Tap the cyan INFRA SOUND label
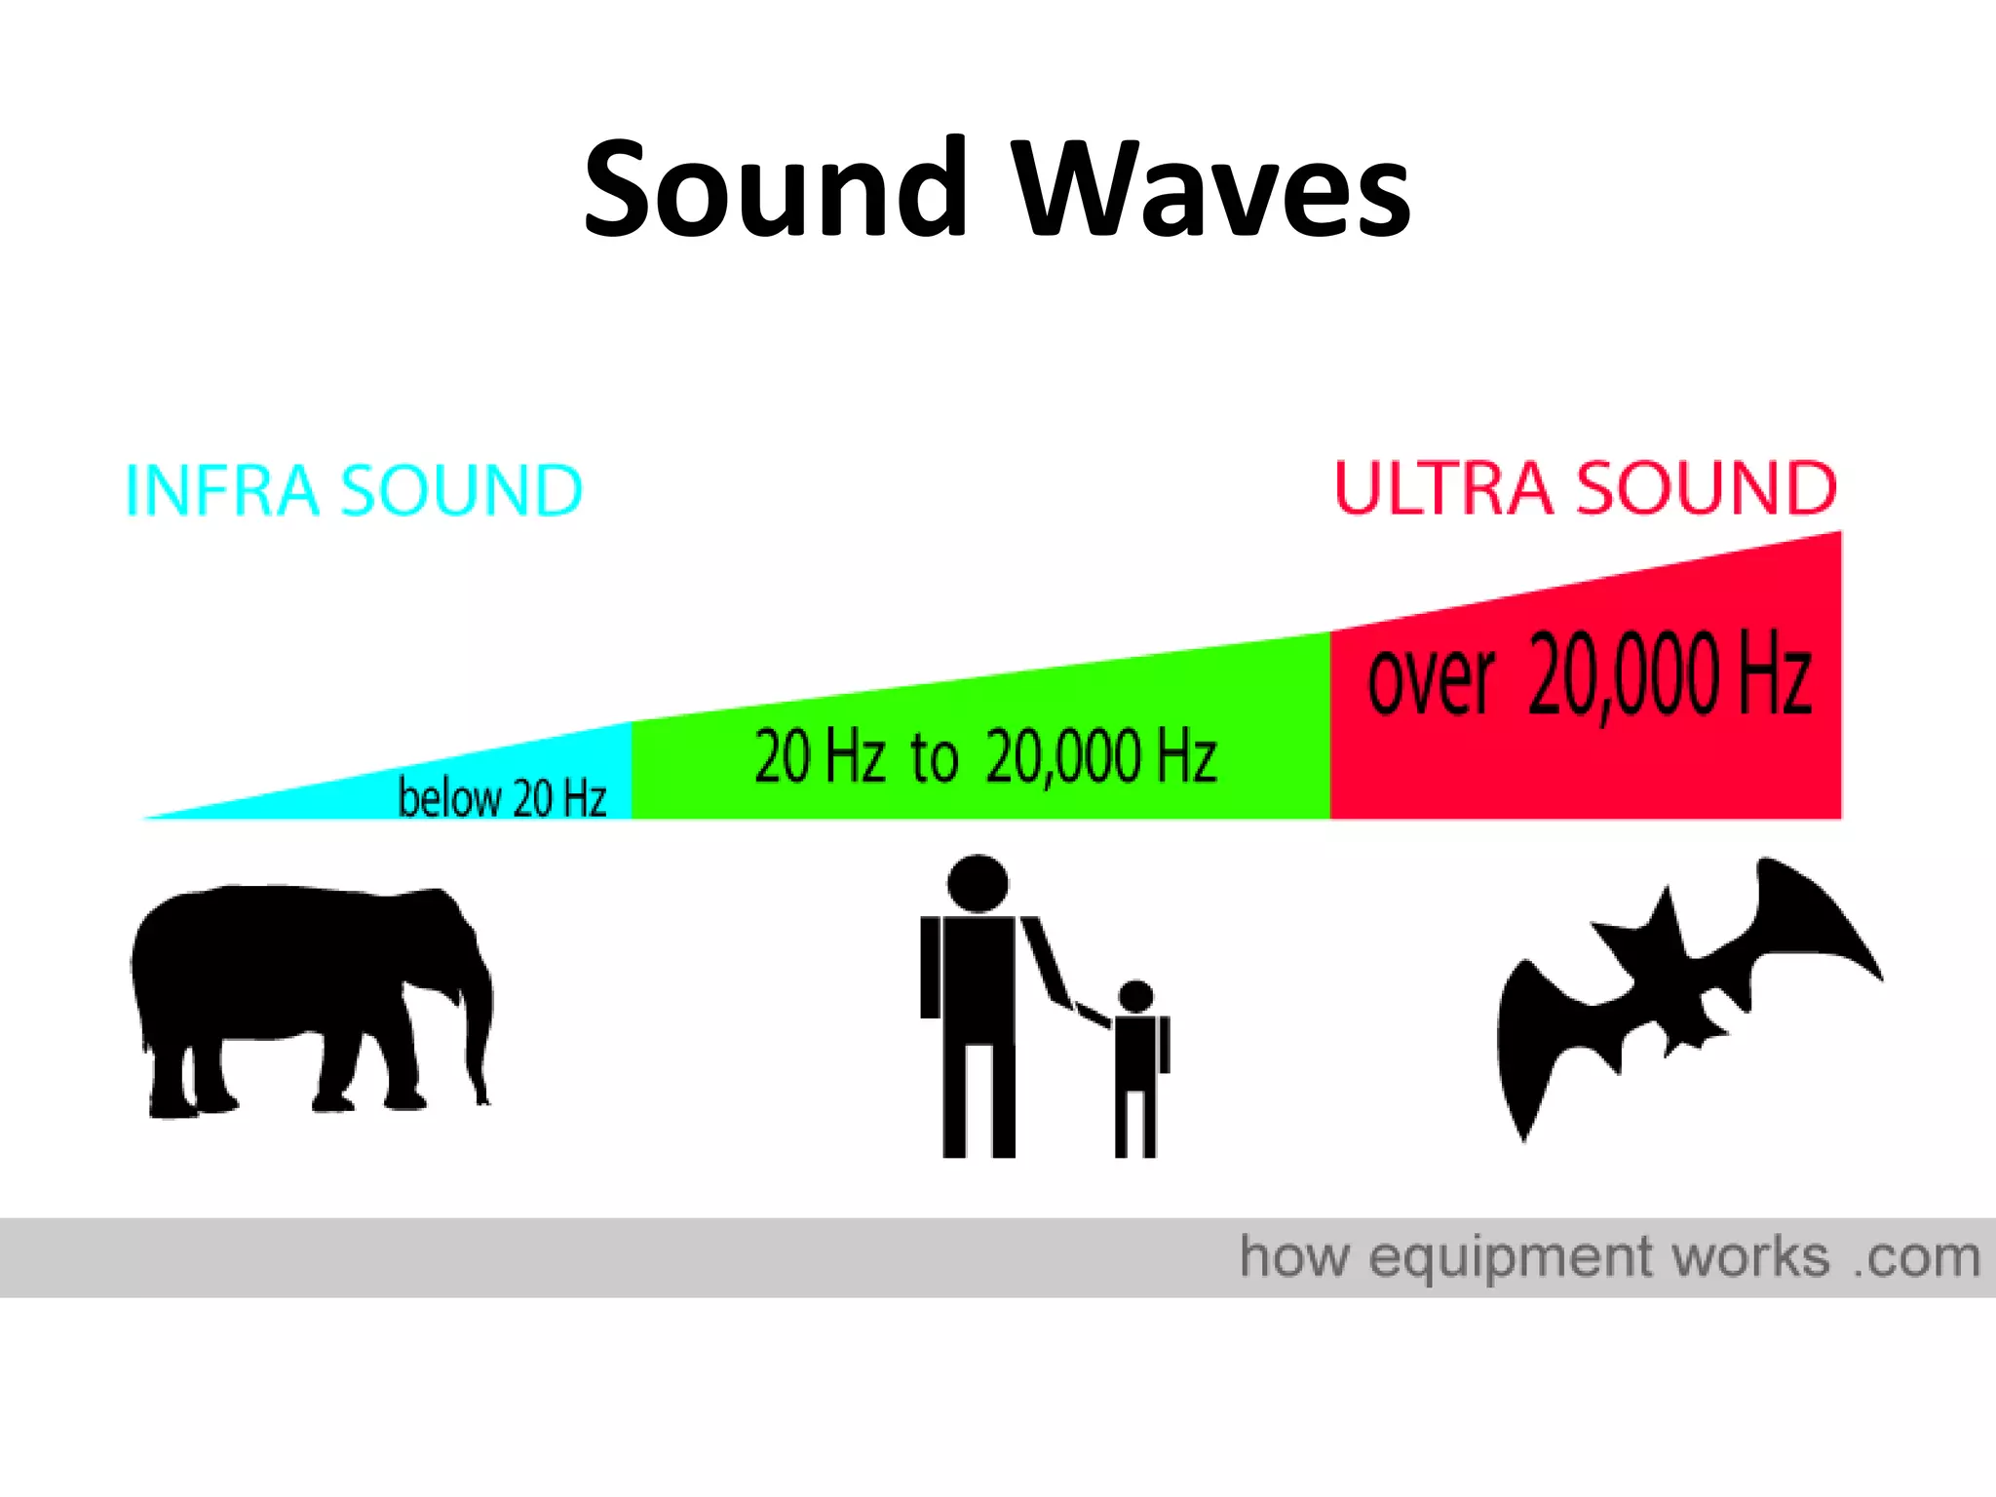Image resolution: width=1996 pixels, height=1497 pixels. tap(354, 489)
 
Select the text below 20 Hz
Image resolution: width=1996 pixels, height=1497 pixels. tap(502, 798)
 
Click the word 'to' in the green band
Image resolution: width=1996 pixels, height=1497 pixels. tap(934, 757)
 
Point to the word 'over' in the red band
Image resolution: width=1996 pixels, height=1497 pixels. tap(1430, 678)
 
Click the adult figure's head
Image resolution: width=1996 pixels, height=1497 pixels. tap(978, 884)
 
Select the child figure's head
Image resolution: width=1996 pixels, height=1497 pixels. tap(1135, 996)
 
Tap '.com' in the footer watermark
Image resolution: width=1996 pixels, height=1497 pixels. tap(1916, 1257)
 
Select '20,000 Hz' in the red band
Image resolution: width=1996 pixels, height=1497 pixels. tap(1669, 674)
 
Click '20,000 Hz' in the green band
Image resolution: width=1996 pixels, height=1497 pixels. tap(1101, 757)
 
